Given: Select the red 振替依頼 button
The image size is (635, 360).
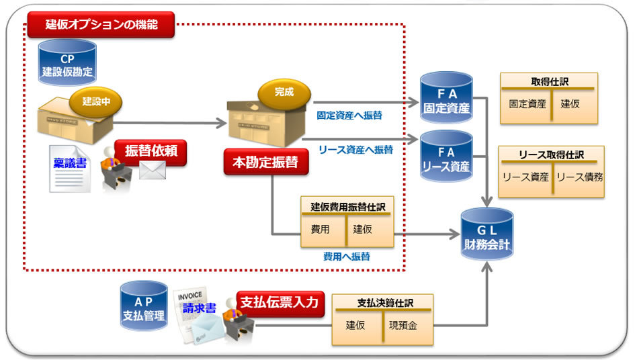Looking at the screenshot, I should [x=151, y=151].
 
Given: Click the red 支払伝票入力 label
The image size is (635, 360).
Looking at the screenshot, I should [x=280, y=302].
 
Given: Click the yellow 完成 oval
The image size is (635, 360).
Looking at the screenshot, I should [x=284, y=92].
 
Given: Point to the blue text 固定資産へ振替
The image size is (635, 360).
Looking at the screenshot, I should [x=349, y=115].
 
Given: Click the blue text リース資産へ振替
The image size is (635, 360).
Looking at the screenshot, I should [x=355, y=149].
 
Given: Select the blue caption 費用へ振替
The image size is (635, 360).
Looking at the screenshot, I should [x=345, y=257].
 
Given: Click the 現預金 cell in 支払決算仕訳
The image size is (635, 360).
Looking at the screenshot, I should [x=403, y=326].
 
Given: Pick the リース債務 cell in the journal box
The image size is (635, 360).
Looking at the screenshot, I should [x=579, y=177].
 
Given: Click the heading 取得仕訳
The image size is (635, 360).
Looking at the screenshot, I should [x=549, y=81].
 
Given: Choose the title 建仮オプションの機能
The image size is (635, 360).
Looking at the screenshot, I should [x=101, y=26].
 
